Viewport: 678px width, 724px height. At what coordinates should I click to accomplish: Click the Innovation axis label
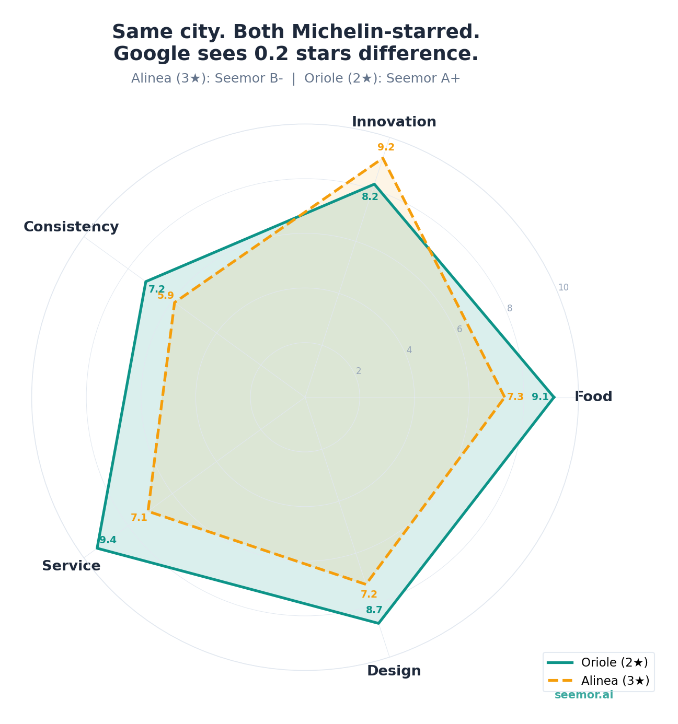click(394, 122)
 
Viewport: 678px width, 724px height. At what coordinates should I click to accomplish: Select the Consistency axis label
click(71, 227)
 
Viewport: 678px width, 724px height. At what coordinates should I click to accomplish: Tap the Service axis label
click(71, 566)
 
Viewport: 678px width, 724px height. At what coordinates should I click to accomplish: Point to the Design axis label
click(394, 671)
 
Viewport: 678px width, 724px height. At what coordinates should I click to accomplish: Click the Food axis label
click(593, 396)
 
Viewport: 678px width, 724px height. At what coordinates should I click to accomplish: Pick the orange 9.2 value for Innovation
click(386, 147)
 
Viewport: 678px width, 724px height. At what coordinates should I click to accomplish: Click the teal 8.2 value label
click(370, 197)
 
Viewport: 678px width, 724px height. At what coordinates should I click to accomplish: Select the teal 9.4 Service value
click(108, 540)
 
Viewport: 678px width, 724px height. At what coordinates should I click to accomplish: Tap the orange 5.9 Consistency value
click(166, 296)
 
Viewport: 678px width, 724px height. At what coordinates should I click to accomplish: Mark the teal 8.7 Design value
click(374, 610)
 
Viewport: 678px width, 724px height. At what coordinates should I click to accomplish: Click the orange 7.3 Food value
click(515, 397)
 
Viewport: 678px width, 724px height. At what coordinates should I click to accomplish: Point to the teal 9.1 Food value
click(540, 397)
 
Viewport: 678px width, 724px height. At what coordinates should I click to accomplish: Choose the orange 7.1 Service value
click(139, 518)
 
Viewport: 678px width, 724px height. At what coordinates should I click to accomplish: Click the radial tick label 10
click(563, 287)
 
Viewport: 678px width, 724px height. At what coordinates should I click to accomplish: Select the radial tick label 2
click(358, 371)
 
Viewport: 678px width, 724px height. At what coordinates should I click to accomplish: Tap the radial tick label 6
click(459, 329)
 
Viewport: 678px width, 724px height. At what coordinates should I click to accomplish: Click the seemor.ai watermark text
click(583, 695)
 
